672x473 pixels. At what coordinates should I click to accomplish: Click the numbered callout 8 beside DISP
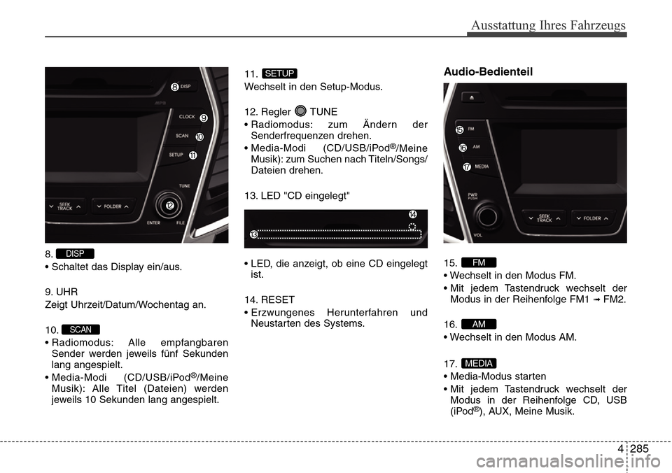(x=174, y=87)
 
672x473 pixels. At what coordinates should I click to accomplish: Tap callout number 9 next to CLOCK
(x=203, y=117)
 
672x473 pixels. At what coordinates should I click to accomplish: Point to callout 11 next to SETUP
(x=192, y=155)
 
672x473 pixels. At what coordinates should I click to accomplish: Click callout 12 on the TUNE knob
(x=170, y=205)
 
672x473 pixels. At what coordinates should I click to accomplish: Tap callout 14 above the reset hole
(x=413, y=213)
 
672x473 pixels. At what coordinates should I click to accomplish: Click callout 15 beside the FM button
(x=459, y=130)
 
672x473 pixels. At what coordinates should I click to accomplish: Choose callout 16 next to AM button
(x=463, y=148)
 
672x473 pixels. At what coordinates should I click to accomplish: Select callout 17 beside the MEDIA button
(x=467, y=167)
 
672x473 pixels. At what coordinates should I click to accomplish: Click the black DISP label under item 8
(x=75, y=253)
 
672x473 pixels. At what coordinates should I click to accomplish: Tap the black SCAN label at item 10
(x=80, y=329)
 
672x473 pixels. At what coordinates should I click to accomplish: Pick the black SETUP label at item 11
(x=279, y=73)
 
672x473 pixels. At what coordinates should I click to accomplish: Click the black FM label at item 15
(x=479, y=262)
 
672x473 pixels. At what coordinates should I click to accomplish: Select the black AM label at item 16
(x=479, y=323)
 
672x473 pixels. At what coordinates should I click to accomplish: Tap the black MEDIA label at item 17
(x=479, y=362)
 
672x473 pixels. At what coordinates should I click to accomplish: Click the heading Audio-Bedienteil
(x=488, y=71)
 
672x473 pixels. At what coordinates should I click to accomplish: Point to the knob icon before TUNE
(x=300, y=111)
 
